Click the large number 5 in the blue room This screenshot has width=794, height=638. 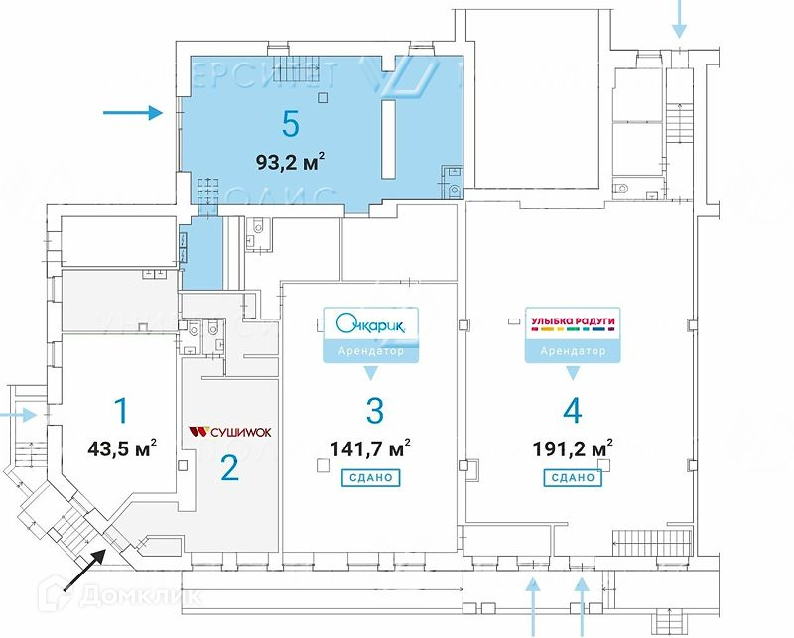(290, 124)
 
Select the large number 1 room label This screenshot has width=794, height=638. (121, 410)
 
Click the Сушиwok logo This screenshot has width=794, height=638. (229, 432)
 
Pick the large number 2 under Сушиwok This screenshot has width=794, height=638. (229, 467)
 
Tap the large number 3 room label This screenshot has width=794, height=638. (373, 410)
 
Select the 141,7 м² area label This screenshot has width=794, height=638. (373, 448)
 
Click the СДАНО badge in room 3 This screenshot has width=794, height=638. (372, 477)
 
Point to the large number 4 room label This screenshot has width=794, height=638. (572, 410)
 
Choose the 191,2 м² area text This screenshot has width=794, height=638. (573, 448)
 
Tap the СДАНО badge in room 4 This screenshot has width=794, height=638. (573, 477)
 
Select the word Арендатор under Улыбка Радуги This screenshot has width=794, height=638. (573, 351)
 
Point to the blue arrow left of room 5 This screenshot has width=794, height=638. (133, 114)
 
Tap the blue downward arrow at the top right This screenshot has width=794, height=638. (680, 18)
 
